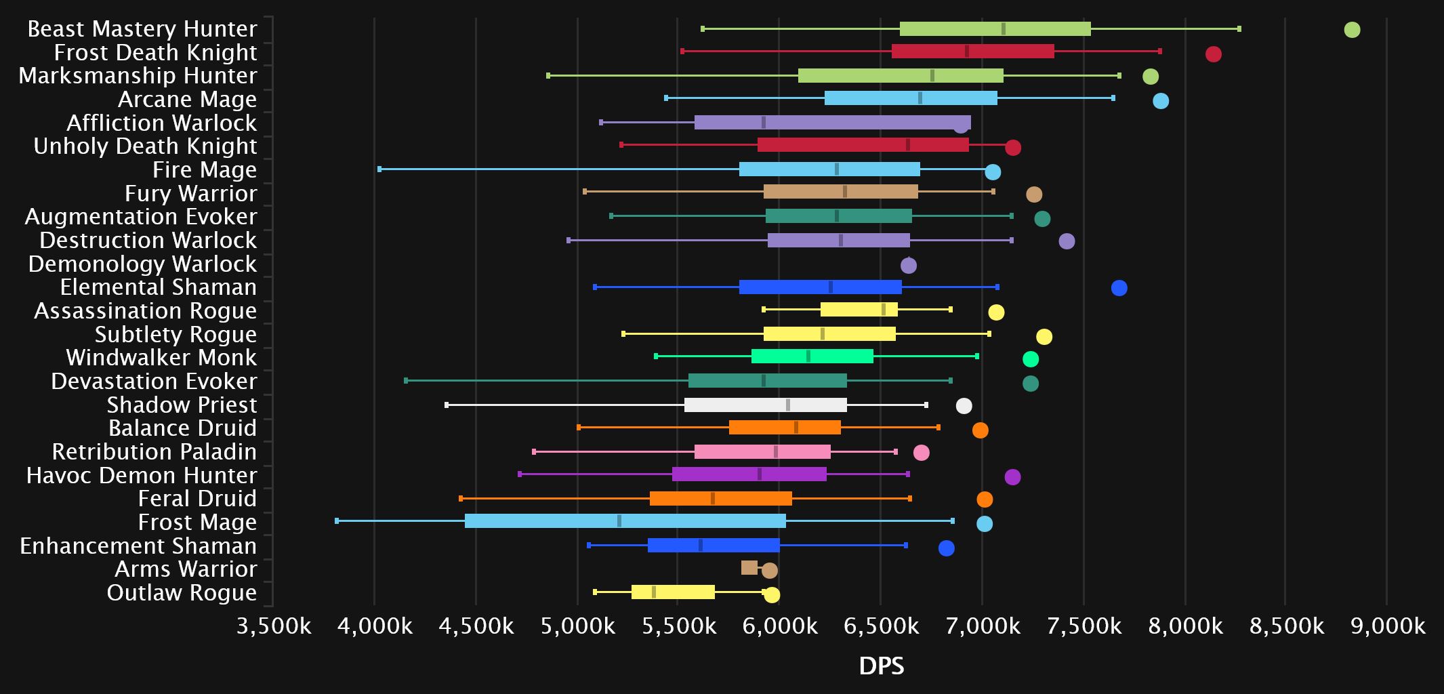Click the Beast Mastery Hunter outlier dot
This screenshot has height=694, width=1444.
click(x=1352, y=30)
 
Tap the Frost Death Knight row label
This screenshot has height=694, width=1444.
click(x=155, y=52)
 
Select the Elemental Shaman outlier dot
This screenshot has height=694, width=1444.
click(x=1119, y=288)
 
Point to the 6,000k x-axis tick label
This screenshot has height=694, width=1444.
click(x=779, y=626)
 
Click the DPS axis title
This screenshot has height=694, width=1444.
click(x=881, y=666)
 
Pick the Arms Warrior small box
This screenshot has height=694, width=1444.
click(x=749, y=568)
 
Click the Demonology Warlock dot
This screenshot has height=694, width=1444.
click(x=908, y=266)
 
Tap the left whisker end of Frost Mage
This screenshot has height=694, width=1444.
click(x=337, y=520)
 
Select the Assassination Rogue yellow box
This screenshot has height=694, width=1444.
click(x=859, y=310)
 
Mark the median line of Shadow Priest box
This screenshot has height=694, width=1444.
click(x=787, y=405)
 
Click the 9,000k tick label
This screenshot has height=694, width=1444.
click(x=1387, y=626)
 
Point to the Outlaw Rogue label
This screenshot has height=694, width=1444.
click(x=182, y=593)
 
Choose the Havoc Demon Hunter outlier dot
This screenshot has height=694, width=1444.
click(x=1012, y=477)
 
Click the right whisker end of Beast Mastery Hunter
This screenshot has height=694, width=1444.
click(x=1239, y=28)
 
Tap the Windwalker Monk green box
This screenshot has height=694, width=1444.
click(x=812, y=356)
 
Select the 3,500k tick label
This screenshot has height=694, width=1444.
click(x=273, y=626)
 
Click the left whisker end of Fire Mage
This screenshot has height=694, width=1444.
click(x=379, y=169)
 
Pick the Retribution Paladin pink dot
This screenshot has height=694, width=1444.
click(x=921, y=453)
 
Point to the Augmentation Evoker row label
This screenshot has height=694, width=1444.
click(x=141, y=217)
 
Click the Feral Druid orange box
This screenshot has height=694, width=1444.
click(x=720, y=499)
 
